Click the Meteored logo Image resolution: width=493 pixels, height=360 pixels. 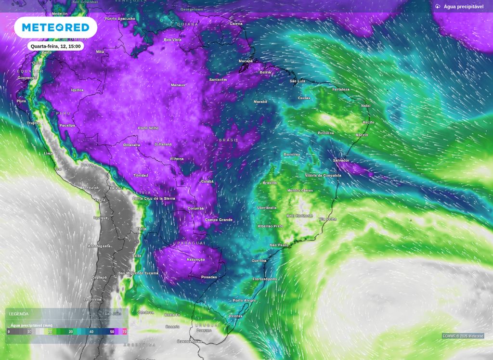pos(55,27)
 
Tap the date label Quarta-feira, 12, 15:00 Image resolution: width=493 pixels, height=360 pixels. pos(56,46)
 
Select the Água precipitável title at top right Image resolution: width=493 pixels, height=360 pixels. pos(463,7)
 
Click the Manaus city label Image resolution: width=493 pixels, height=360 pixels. pos(178,85)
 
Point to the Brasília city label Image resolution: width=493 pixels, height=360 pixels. pos(270,183)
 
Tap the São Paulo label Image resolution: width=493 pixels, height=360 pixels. pos(279,245)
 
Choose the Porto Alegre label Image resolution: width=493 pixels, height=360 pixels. pos(244,300)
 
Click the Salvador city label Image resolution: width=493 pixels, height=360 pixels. pos(341,160)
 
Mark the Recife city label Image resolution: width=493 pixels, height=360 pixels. pos(368,123)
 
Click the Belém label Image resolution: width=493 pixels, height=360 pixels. pos(265,72)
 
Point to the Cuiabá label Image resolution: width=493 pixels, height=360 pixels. pos(207,181)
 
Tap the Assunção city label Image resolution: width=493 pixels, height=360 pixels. pos(195,259)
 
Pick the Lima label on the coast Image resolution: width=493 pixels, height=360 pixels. pos(48,153)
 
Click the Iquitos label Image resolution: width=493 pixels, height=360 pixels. pos(77,90)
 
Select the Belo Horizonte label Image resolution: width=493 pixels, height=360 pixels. pos(299,216)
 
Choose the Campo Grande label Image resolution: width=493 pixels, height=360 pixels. pos(219,220)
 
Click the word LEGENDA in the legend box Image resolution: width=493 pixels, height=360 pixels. pos(19,314)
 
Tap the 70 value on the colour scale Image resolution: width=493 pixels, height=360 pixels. pos(125,332)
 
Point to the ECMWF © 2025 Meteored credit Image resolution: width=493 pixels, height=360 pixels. pos(463,336)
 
